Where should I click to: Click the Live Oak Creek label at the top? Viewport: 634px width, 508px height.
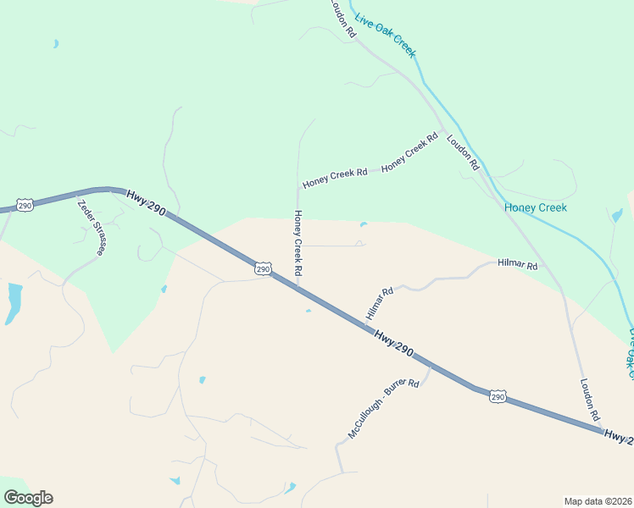(386, 36)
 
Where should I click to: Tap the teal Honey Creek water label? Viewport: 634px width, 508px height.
(535, 207)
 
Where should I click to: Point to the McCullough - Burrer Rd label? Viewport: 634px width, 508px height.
(384, 408)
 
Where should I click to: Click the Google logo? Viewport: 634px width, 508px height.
(28, 498)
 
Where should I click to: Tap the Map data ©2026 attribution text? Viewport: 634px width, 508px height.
(597, 501)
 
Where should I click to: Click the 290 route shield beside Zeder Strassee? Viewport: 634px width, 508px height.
(25, 206)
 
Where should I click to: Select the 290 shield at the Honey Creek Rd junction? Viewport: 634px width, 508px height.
(263, 268)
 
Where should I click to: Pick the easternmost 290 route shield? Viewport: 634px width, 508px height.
(498, 396)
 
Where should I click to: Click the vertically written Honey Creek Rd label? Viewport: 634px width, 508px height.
(298, 245)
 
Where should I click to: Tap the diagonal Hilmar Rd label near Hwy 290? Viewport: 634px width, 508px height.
(380, 303)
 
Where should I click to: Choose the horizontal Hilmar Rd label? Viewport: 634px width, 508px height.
(518, 265)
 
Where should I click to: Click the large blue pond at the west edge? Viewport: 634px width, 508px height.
(12, 303)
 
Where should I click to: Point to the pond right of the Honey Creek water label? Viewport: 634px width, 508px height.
(616, 215)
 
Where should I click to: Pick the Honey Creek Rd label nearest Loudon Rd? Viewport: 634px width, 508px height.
(409, 155)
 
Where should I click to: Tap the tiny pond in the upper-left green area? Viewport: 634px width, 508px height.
(56, 43)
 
